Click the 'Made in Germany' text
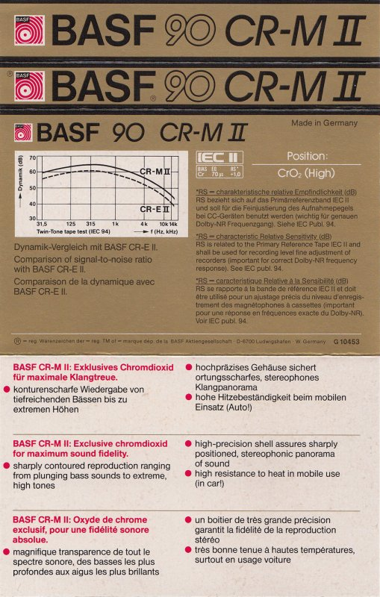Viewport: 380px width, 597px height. pos(324,123)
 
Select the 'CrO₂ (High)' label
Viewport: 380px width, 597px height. pos(306,172)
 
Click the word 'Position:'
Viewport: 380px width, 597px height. pos(307,157)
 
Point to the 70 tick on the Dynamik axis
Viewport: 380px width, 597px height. pos(32,157)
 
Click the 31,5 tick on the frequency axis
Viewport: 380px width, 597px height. pos(42,224)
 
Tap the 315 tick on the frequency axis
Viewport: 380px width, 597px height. pos(91,224)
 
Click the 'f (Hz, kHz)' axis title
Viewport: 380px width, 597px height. pos(162,232)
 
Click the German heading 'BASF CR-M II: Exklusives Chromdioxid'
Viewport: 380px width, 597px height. pos(93,367)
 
